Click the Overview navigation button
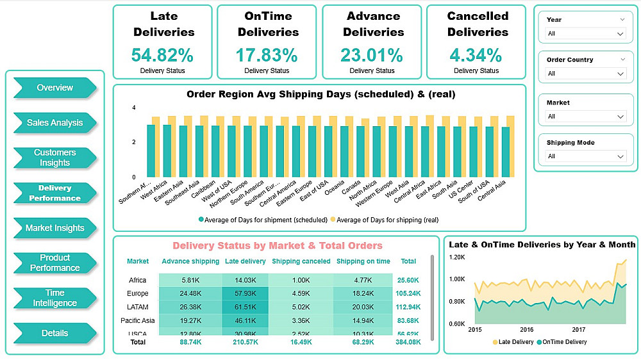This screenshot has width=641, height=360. click(54, 88)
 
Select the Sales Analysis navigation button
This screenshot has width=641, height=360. click(54, 123)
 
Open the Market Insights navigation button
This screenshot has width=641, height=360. click(54, 228)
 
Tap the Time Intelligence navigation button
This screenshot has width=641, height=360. click(54, 298)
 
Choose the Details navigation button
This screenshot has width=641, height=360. click(54, 333)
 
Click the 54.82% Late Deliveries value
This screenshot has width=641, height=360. click(162, 55)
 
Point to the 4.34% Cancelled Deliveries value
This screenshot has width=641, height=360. click(476, 55)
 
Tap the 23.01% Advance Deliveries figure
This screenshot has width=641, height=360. click(372, 55)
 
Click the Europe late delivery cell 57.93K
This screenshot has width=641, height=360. click(246, 293)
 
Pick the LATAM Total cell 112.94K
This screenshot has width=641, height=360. click(409, 307)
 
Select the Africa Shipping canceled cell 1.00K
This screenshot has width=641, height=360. click(301, 280)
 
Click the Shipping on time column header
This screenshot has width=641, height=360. click(363, 261)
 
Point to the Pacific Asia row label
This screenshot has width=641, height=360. click(137, 320)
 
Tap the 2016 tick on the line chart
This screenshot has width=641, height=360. click(527, 329)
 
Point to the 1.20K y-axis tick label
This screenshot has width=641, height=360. click(456, 257)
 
